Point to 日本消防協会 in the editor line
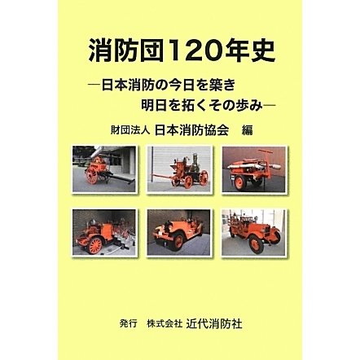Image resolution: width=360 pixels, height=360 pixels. (x=191, y=130)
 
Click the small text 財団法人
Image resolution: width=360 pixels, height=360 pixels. (x=130, y=130)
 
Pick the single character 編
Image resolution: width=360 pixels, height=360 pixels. (x=247, y=130)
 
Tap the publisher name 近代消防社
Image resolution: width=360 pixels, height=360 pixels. (x=214, y=323)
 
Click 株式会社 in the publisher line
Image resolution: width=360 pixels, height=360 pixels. (x=164, y=324)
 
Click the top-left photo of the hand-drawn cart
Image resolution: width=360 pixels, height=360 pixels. (x=104, y=169)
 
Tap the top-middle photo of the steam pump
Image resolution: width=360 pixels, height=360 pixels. (x=179, y=169)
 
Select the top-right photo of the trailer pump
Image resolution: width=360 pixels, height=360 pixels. (x=253, y=169)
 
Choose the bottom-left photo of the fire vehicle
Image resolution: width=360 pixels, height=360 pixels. (x=104, y=232)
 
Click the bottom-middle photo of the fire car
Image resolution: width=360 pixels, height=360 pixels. (x=179, y=232)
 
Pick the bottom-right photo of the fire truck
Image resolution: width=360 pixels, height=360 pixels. (x=253, y=232)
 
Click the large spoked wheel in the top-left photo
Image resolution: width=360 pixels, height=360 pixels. (x=92, y=175)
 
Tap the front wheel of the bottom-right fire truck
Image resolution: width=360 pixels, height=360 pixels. (x=256, y=244)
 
